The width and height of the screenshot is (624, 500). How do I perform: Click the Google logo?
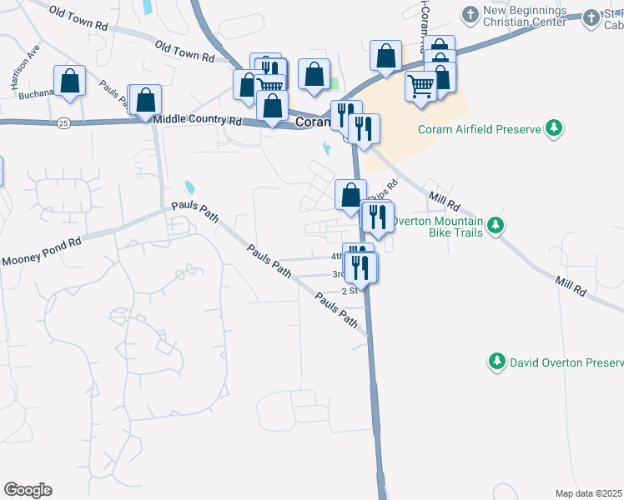[28, 490]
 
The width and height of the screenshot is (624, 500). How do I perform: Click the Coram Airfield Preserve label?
[478, 129]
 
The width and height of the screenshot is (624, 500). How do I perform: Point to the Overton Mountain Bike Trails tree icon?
[496, 225]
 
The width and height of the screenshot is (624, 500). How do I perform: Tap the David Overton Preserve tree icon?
[497, 361]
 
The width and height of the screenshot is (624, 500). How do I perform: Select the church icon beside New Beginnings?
[470, 14]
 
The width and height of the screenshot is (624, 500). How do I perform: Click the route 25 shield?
[63, 123]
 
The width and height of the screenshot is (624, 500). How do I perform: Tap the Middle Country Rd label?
[197, 121]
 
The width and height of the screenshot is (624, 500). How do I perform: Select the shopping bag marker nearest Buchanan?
[70, 82]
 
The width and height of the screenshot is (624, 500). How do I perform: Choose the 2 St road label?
[350, 291]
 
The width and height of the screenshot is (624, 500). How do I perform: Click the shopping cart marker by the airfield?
[421, 86]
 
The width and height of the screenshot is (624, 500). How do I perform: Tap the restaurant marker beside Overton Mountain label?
[378, 217]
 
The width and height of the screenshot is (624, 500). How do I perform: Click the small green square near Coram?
[335, 83]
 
